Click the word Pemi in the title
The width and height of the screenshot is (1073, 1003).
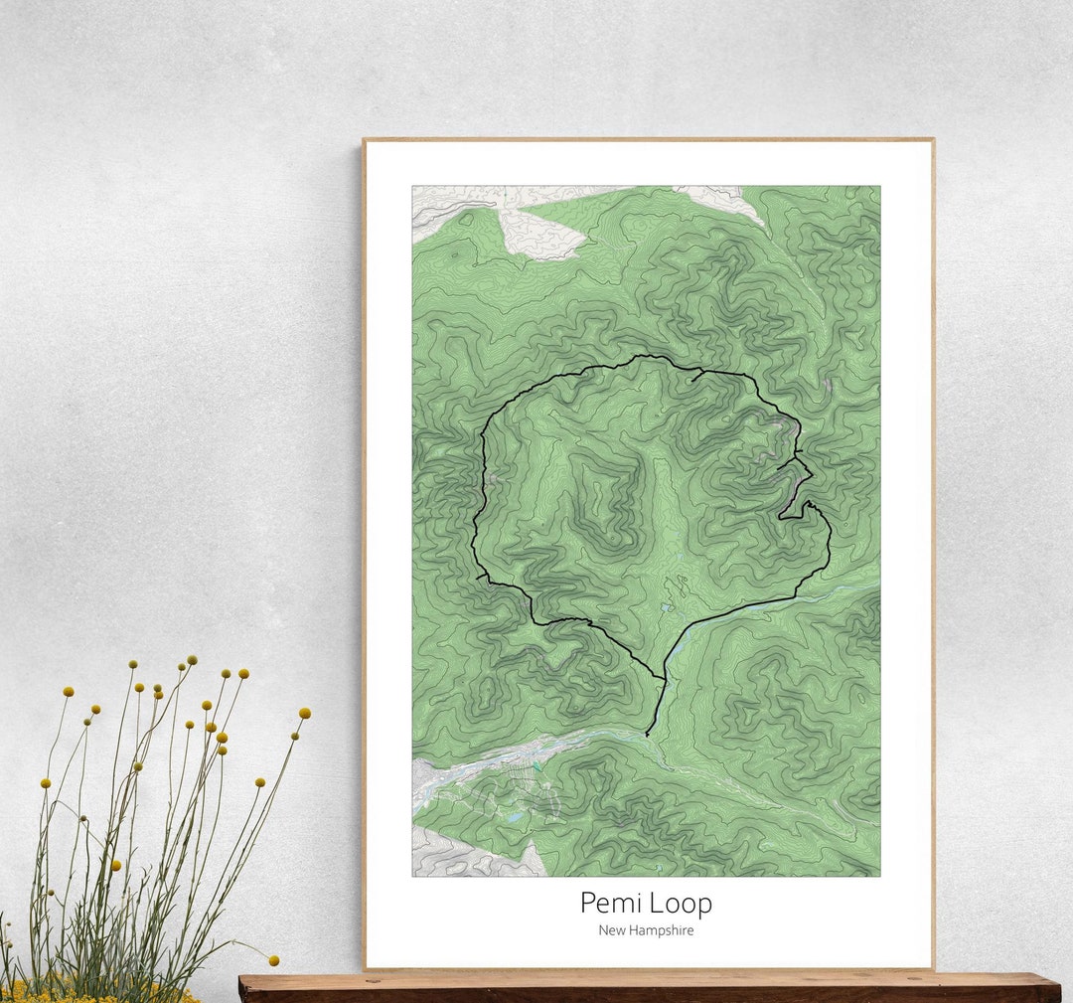coord(611,903)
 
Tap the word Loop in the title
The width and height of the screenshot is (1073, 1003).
coord(682,904)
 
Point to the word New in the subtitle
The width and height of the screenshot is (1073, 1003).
coord(611,930)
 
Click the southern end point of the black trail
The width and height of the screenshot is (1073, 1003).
coord(647,736)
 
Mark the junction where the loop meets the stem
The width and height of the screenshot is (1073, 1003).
coord(663,680)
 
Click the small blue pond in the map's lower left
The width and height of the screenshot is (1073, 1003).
coord(513,817)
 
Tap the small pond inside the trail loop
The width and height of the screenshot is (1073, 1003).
coord(663,605)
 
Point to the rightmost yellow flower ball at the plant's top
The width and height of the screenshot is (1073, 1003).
coord(304,713)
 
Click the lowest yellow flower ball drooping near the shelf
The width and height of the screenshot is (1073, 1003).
coord(273,960)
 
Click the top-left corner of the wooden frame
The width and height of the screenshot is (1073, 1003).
coord(365,140)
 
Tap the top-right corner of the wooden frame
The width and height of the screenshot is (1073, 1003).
coord(932,140)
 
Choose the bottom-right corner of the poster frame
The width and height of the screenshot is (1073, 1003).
coord(932,967)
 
